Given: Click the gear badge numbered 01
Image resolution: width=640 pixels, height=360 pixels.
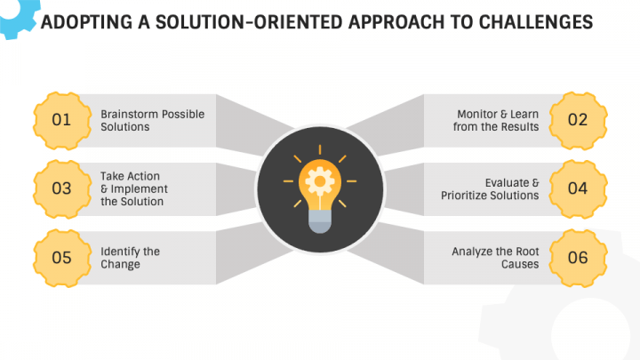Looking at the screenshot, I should [61, 120].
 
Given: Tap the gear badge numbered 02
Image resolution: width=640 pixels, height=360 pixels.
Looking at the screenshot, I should [578, 120].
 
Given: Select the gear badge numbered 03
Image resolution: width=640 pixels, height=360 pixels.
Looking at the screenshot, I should [61, 188].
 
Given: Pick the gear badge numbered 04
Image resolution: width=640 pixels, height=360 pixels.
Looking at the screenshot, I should [578, 188].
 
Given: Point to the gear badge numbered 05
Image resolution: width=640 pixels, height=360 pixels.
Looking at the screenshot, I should [61, 258].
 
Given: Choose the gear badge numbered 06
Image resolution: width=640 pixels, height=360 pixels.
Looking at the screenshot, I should [578, 258].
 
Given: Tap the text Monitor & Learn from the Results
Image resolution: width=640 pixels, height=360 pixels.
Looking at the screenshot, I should [498, 121].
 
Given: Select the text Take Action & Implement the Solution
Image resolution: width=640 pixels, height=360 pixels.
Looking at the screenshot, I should [134, 188].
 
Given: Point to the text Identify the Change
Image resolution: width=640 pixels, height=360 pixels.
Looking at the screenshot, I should [131, 258].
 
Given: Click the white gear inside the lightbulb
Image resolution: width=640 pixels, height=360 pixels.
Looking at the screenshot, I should [319, 180].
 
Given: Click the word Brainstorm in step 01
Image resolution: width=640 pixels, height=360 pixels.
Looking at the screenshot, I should [130, 115].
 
